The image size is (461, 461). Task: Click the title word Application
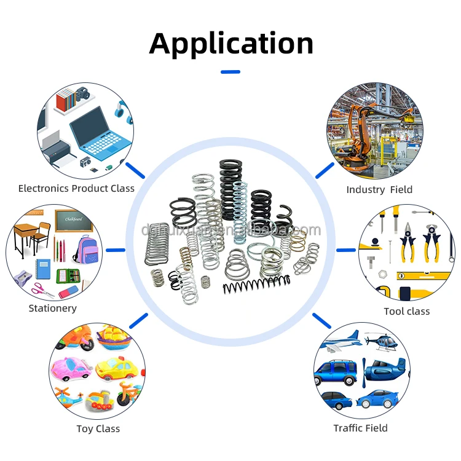(231, 44)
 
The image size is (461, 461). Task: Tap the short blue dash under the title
(230, 72)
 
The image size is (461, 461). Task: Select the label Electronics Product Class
(76, 189)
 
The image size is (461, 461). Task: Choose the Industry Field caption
(379, 190)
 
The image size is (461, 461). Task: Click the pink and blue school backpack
(86, 248)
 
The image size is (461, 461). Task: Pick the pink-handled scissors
(42, 287)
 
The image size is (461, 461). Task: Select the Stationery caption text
(53, 309)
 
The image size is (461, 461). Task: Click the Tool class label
(407, 312)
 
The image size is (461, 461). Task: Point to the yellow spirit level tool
(424, 275)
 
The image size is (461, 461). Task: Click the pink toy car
(71, 369)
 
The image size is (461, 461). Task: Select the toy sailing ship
(113, 337)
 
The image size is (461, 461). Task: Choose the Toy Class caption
(98, 429)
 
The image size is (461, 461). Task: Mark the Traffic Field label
(361, 428)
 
